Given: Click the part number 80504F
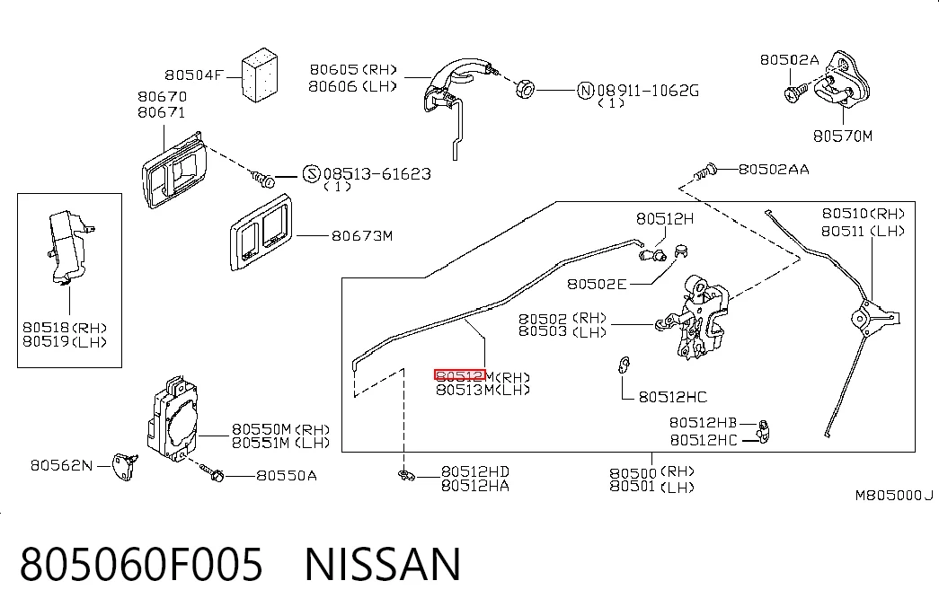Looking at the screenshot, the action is pyautogui.click(x=193, y=75).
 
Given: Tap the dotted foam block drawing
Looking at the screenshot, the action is pyautogui.click(x=260, y=75).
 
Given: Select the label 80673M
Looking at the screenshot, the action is pyautogui.click(x=362, y=236).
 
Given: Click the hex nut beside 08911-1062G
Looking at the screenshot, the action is pyautogui.click(x=525, y=89).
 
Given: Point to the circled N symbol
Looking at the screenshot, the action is pyautogui.click(x=585, y=91).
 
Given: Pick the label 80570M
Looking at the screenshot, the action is pyautogui.click(x=843, y=136).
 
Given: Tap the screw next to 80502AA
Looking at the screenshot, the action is pyautogui.click(x=704, y=172).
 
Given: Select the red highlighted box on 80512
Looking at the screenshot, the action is pyautogui.click(x=460, y=375).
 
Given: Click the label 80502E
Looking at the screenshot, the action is pyautogui.click(x=597, y=284).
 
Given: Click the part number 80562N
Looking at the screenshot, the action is pyautogui.click(x=62, y=465).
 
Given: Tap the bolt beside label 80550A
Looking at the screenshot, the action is pyautogui.click(x=211, y=473).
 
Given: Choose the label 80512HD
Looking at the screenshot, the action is pyautogui.click(x=474, y=471).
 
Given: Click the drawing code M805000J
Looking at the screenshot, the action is pyautogui.click(x=893, y=495).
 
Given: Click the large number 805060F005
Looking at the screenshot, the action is pyautogui.click(x=141, y=564).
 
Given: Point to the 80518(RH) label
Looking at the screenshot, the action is pyautogui.click(x=64, y=328).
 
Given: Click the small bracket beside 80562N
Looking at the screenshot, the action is pyautogui.click(x=127, y=466).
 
